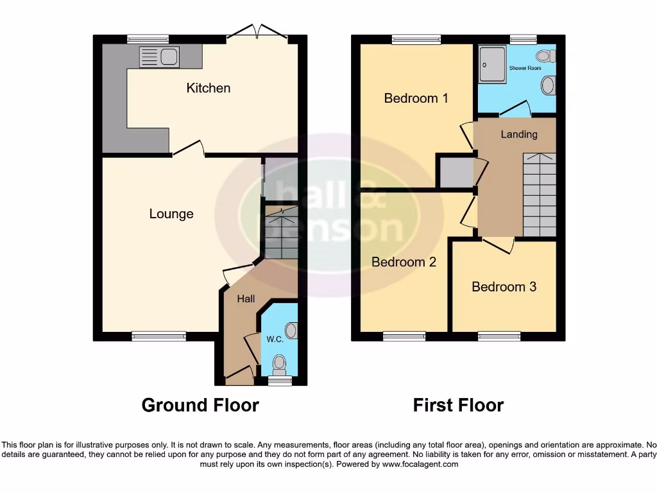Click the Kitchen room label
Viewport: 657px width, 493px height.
pyautogui.click(x=208, y=88)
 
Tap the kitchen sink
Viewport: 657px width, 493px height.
pyautogui.click(x=158, y=57)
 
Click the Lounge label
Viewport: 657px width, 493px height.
pyautogui.click(x=171, y=214)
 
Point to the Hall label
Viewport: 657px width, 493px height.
pyautogui.click(x=246, y=298)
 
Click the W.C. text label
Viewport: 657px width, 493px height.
pyautogui.click(x=275, y=338)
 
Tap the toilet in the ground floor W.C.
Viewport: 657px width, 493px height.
pyautogui.click(x=279, y=366)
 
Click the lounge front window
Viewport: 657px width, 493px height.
pyautogui.click(x=159, y=335)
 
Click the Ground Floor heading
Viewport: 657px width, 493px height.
pyautogui.click(x=200, y=405)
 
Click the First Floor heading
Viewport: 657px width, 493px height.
pyautogui.click(x=458, y=405)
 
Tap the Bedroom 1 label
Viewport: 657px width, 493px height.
pyautogui.click(x=416, y=98)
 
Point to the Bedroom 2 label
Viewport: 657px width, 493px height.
pyautogui.click(x=404, y=262)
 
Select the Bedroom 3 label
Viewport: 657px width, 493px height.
pyautogui.click(x=504, y=286)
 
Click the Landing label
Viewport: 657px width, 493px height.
pyautogui.click(x=519, y=134)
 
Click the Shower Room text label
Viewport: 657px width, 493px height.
pyautogui.click(x=525, y=68)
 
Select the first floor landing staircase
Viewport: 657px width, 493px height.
pyautogui.click(x=539, y=195)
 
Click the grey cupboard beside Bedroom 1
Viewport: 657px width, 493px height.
pyautogui.click(x=454, y=171)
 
